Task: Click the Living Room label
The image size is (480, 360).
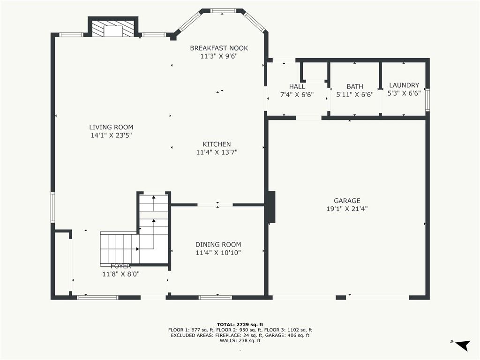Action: (x=111, y=127)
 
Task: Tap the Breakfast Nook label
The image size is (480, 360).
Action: (x=219, y=48)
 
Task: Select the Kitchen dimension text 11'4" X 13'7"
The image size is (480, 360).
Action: (x=217, y=152)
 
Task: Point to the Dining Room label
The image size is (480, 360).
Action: (x=218, y=244)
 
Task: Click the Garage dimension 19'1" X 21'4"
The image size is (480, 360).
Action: (x=347, y=209)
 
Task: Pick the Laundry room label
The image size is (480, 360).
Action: (x=404, y=85)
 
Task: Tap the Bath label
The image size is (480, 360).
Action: (x=355, y=87)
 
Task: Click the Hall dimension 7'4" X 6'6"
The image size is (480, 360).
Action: (x=297, y=95)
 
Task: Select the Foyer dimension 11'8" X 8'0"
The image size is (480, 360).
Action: (x=121, y=274)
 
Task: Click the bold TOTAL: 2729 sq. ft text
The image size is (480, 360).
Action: (x=240, y=324)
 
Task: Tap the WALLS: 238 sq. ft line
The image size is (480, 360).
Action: (x=240, y=340)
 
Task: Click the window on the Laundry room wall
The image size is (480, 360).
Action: (x=427, y=99)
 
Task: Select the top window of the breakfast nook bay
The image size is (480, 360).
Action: (x=223, y=11)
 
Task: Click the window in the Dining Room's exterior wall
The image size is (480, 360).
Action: (x=215, y=297)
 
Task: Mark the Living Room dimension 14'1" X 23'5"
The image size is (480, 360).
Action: (x=111, y=135)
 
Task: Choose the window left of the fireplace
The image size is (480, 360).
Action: (x=71, y=35)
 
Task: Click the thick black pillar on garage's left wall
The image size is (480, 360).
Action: (x=271, y=207)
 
